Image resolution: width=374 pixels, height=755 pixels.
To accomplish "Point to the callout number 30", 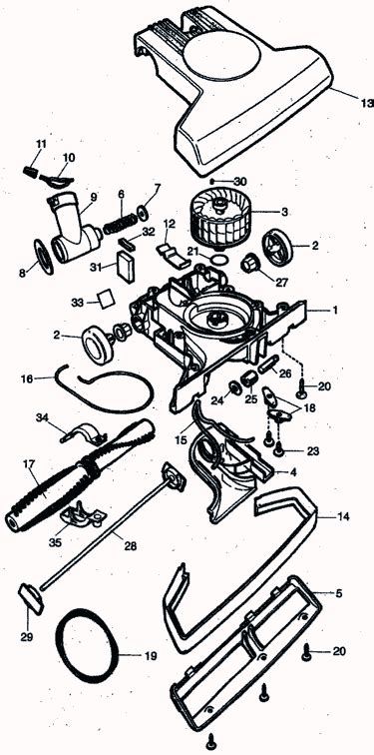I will (239, 181).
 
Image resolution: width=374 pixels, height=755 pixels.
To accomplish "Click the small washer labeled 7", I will (146, 212).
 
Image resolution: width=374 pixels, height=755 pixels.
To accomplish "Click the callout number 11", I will (41, 145).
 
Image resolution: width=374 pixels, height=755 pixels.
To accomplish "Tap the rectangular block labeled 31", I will (126, 265).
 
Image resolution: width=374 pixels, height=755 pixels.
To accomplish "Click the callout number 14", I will (342, 516).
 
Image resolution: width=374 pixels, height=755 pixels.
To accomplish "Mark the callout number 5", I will (338, 593).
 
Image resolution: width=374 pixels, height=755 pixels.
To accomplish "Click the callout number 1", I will (335, 311).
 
